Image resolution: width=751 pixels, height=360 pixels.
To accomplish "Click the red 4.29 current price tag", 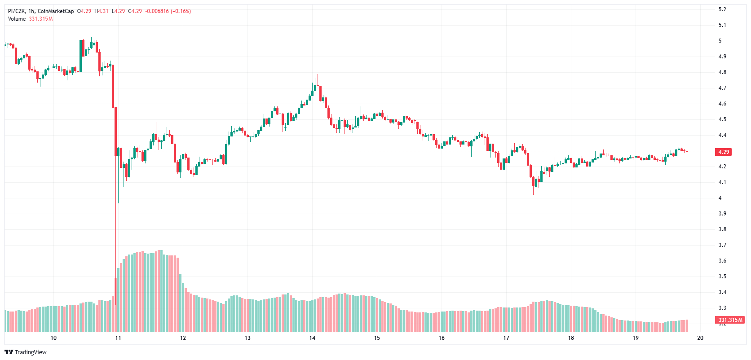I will coord(724,152).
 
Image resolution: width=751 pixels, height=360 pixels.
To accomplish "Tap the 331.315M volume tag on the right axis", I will coord(730,320).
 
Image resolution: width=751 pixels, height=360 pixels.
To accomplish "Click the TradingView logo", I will coord(26,352).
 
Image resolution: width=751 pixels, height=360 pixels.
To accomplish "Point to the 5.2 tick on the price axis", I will coord(722,9).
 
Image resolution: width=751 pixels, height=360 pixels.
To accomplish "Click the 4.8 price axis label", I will coord(722,72).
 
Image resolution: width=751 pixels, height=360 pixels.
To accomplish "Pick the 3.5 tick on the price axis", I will coord(722,277).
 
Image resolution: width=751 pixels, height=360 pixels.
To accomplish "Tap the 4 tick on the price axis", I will coord(720,198).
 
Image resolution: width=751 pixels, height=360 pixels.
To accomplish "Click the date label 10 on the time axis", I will coord(53,338).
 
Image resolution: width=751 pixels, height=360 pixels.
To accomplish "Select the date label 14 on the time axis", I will coord(312,338).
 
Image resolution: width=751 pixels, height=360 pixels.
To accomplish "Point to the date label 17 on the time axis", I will coord(506,338).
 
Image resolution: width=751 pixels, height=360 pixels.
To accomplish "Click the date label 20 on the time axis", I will coord(700,338).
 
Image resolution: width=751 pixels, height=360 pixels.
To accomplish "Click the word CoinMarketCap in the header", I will coord(56,11).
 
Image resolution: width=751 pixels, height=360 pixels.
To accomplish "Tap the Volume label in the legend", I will coord(17,19).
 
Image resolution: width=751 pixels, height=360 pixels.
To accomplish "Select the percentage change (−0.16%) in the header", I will coord(181,11).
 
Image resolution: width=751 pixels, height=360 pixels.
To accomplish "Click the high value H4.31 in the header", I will coord(102,11).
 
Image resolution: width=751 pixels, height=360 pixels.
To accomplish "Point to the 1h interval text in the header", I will coord(31,11).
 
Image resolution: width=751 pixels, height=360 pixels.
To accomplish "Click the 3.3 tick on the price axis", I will coord(722,308).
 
